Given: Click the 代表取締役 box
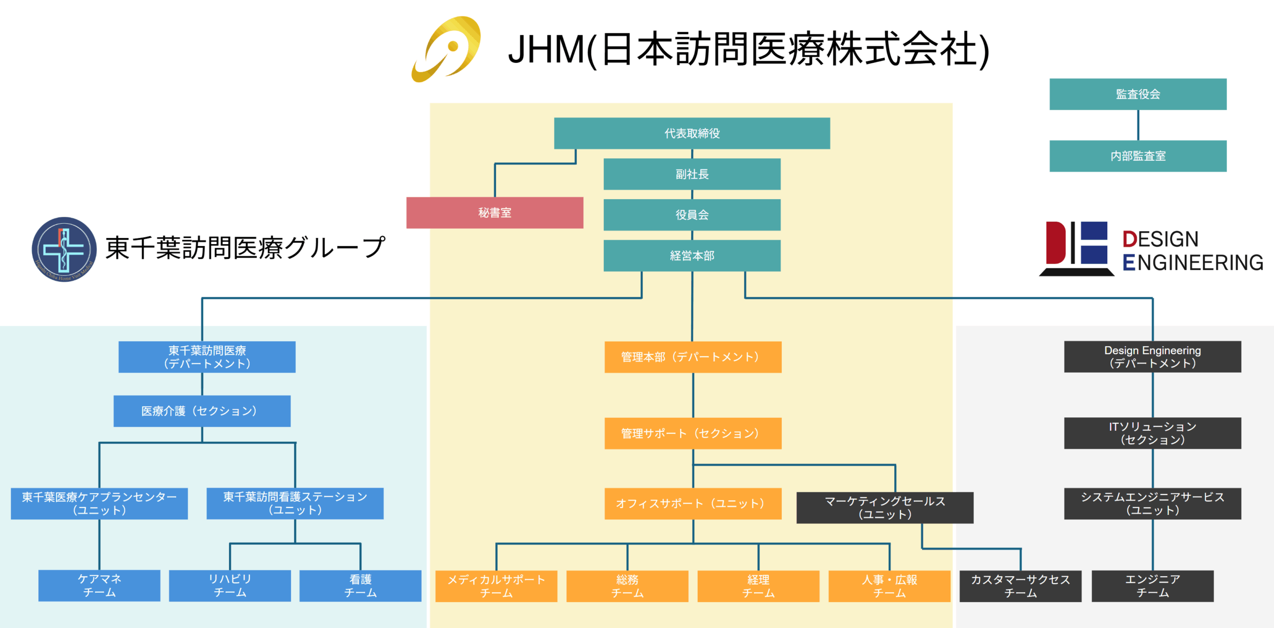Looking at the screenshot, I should [x=692, y=133].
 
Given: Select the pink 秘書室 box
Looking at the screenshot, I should [x=495, y=213].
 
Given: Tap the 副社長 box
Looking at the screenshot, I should [x=692, y=174].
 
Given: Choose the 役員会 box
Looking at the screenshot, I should [x=692, y=215].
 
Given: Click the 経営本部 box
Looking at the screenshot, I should [x=692, y=255].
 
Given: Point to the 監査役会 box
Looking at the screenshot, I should [x=1138, y=94].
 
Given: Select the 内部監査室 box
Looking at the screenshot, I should [x=1138, y=156].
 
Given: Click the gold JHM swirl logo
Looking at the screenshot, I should [x=447, y=49].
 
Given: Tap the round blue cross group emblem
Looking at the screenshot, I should [x=64, y=249].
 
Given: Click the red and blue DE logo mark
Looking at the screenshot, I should [x=1076, y=248].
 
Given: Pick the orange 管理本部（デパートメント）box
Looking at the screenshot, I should [x=693, y=357].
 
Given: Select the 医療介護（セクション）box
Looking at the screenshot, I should [x=202, y=411].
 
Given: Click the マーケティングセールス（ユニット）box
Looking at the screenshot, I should [x=885, y=507].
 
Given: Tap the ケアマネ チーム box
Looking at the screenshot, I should [x=100, y=586].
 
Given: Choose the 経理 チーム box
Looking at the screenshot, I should [x=758, y=586].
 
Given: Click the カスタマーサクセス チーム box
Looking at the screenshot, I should [x=1020, y=586].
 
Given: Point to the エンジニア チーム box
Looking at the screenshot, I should [x=1153, y=586].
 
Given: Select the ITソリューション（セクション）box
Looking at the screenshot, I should [x=1153, y=433].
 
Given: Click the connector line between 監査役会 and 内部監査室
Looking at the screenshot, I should [x=1138, y=125].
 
